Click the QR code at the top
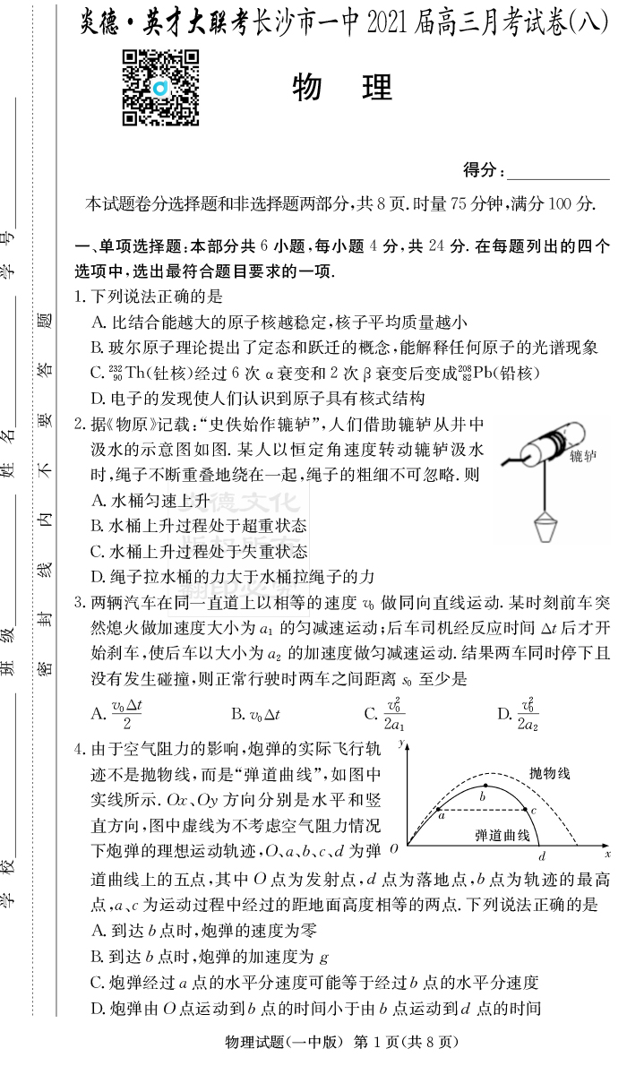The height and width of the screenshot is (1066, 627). pos(160,87)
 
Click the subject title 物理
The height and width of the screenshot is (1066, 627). pos(343,88)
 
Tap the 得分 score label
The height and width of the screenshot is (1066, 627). pos(484,170)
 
